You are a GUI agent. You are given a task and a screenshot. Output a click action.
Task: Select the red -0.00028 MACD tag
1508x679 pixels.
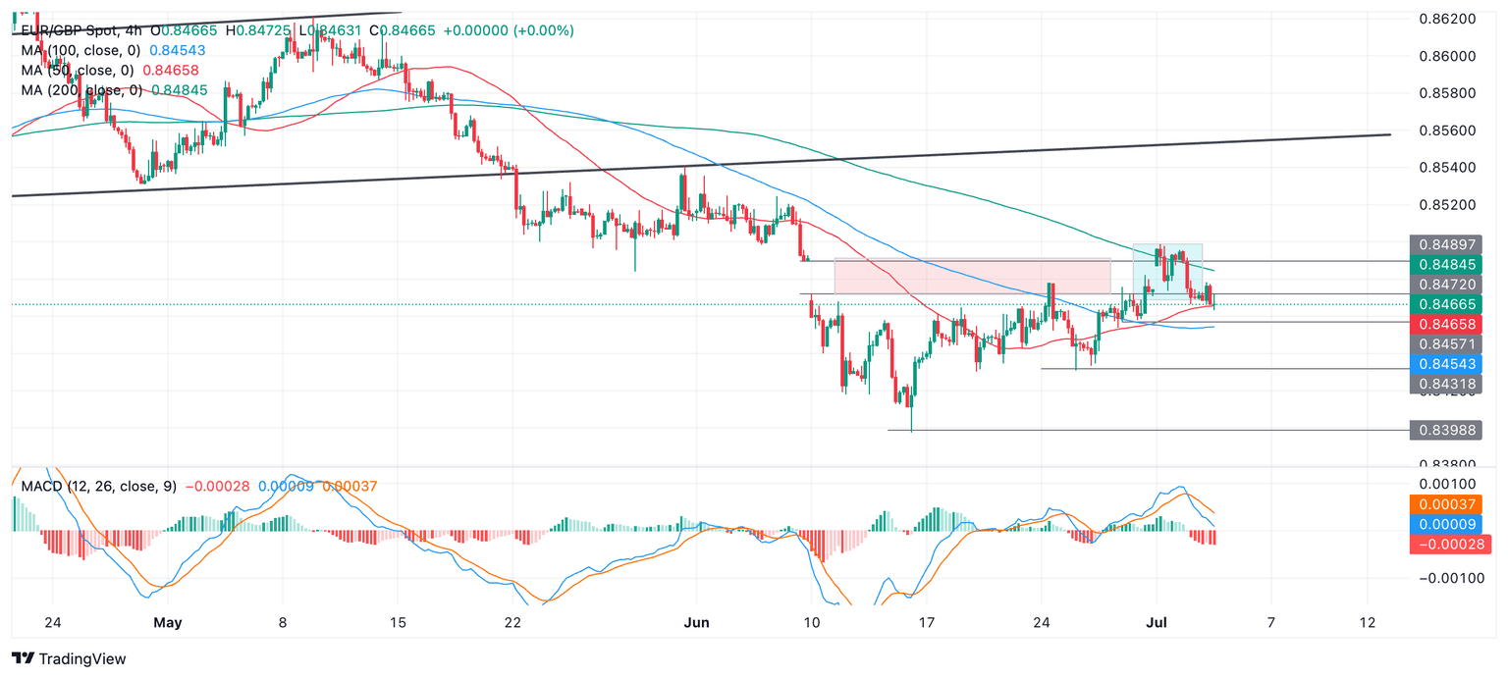click(1450, 544)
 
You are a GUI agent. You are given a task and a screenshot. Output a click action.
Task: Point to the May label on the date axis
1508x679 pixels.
click(168, 623)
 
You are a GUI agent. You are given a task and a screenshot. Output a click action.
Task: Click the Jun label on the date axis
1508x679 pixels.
click(695, 623)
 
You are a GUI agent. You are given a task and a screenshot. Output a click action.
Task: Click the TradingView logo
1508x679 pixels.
click(69, 659)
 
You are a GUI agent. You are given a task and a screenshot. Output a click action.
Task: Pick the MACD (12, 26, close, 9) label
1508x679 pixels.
click(97, 487)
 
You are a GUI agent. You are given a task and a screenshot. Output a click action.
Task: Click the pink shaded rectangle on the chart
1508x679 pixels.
click(972, 276)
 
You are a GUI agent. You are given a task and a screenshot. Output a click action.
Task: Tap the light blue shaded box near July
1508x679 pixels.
click(1168, 272)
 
